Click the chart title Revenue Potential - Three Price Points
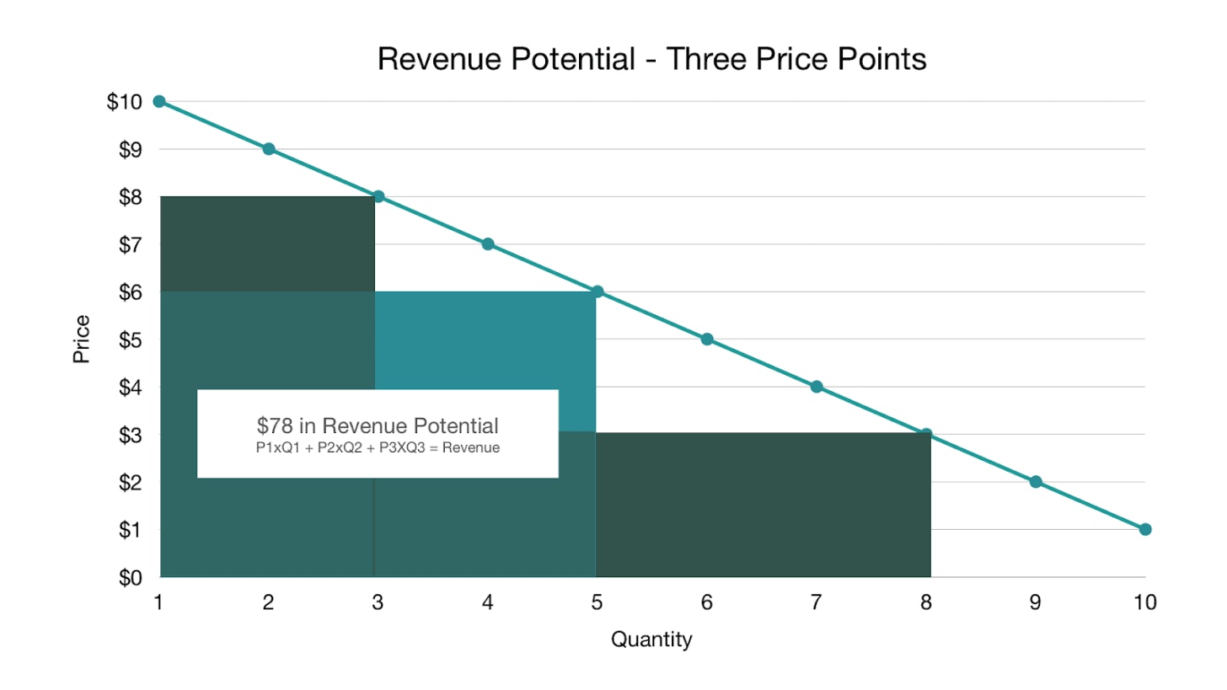coord(651,60)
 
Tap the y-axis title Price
coord(82,340)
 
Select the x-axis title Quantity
coord(651,639)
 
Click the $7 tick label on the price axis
coord(128,244)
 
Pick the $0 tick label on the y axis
coord(128,578)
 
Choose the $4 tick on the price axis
coord(128,388)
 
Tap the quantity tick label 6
coord(706,602)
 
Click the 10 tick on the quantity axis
coord(1144,602)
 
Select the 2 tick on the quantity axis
coord(268,602)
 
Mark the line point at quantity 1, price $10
coord(159,101)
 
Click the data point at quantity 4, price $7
coord(488,244)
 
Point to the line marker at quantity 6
coord(707,340)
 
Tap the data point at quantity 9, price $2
coord(1036,482)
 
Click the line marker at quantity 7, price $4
coord(817,387)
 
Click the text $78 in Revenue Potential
coord(378,425)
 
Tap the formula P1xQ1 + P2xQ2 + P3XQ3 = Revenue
coord(378,448)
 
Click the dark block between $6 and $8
coord(267,244)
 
